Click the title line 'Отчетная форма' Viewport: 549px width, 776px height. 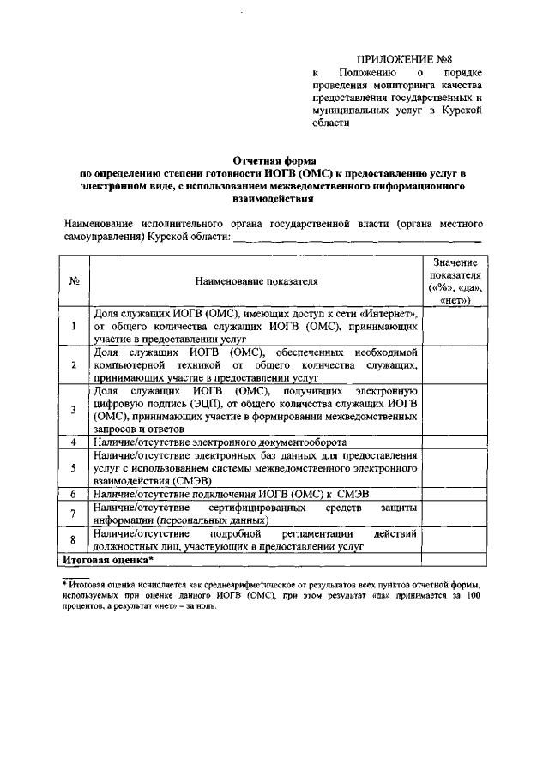274,160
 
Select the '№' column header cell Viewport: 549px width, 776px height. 75,280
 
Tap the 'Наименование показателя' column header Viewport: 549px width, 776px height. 256,280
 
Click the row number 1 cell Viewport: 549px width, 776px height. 75,326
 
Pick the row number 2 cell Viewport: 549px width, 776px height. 75,364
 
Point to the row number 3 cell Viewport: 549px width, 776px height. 75,409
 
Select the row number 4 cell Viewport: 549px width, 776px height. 75,441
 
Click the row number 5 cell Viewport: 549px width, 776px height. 75,467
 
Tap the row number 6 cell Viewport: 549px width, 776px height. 75,494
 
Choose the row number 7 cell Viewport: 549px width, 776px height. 75,513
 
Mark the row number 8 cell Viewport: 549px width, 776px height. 75,539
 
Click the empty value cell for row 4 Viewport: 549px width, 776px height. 455,441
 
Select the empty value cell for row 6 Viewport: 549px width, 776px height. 455,494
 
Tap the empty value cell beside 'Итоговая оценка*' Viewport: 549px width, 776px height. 455,559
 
